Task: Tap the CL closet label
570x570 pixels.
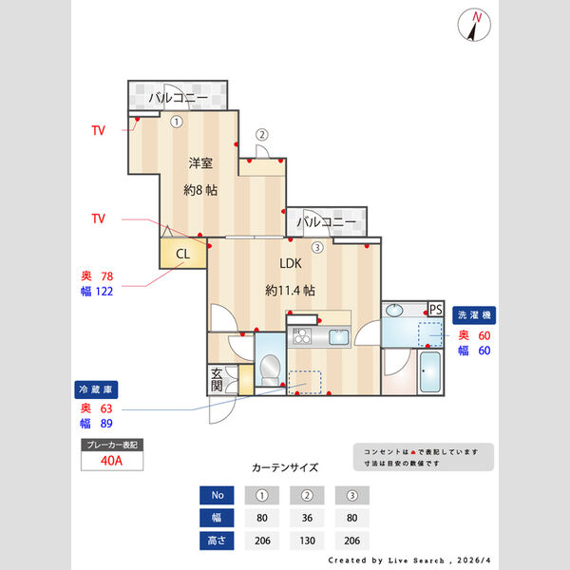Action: coord(182,254)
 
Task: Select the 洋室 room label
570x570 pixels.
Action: coord(199,161)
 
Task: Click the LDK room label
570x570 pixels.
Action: coord(290,264)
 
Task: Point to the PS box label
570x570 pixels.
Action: coord(436,310)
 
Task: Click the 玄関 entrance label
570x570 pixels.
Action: coord(217,380)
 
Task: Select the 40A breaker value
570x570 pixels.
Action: coord(111,461)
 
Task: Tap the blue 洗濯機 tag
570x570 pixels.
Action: coord(476,313)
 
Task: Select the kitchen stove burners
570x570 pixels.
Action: coord(303,337)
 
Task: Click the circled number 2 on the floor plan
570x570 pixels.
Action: coord(263,135)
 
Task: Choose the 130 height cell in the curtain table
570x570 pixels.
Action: coord(307,541)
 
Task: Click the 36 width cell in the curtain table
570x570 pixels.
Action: coord(307,518)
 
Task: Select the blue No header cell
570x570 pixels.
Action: coord(217,495)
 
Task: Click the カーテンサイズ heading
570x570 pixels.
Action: coord(285,467)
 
